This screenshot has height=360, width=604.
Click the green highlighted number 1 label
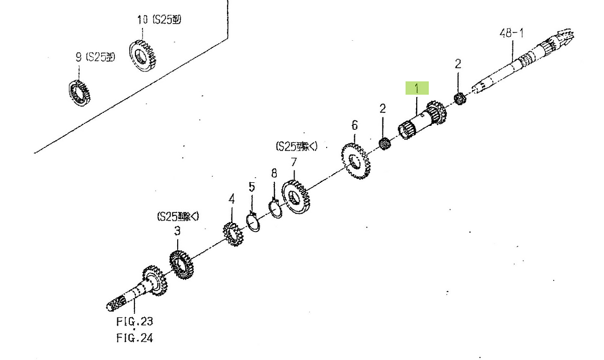pos(417,88)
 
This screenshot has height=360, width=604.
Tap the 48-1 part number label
pos(511,33)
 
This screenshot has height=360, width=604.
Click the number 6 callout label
pos(354,125)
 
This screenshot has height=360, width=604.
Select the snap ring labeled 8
pos(275,208)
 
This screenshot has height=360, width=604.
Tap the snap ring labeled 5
pos(253,223)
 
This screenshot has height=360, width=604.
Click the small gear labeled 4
pos(232,234)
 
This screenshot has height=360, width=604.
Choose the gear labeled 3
pos(181,264)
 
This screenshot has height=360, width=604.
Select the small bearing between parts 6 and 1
pos(385,143)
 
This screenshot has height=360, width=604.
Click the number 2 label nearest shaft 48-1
pos(458,64)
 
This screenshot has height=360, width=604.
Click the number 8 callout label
pos(274,173)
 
